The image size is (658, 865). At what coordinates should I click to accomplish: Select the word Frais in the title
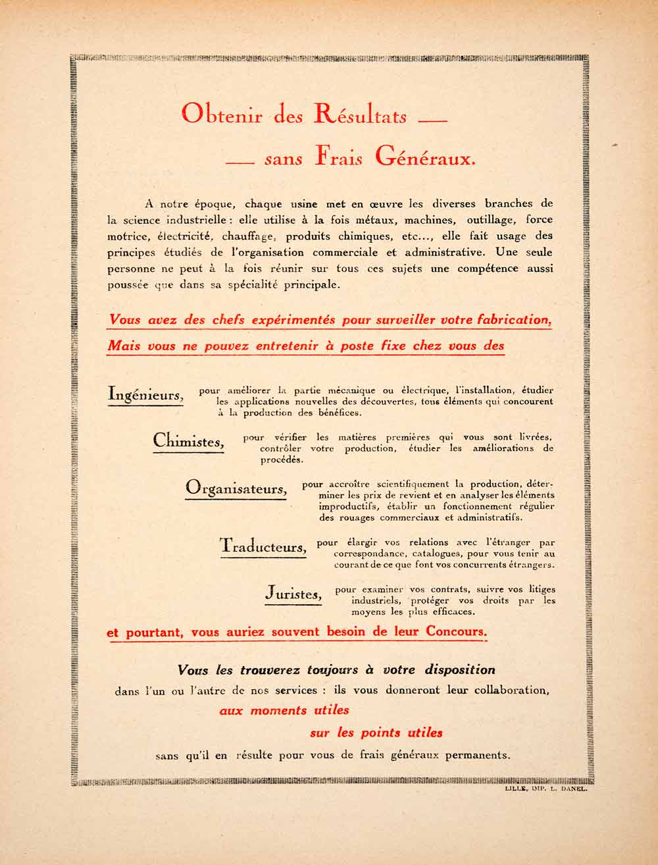click(339, 157)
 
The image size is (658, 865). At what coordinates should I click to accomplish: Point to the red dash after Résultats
click(432, 120)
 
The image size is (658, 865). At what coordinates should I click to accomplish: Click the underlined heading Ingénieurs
click(145, 395)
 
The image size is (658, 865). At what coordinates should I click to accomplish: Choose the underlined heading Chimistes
click(188, 440)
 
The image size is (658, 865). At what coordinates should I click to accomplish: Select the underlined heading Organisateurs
click(236, 488)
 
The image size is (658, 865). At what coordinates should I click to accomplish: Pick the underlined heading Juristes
click(293, 593)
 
